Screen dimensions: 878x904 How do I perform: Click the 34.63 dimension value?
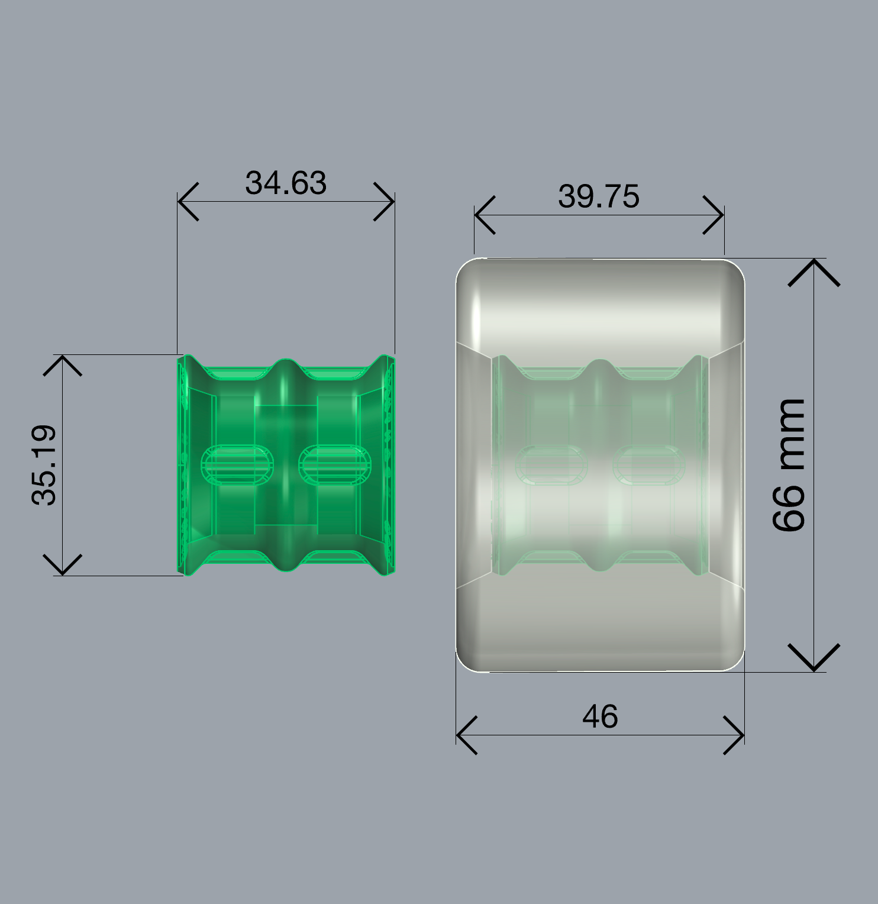286,183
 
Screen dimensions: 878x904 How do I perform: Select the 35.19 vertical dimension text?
44,465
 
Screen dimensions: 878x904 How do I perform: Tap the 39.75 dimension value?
599,196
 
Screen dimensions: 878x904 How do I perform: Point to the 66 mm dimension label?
789,465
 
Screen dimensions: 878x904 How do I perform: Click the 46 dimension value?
600,716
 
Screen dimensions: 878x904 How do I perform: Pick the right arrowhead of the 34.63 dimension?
384,202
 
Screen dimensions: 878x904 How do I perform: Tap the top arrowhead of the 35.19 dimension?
63,365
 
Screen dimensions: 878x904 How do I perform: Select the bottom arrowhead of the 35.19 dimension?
63,565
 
